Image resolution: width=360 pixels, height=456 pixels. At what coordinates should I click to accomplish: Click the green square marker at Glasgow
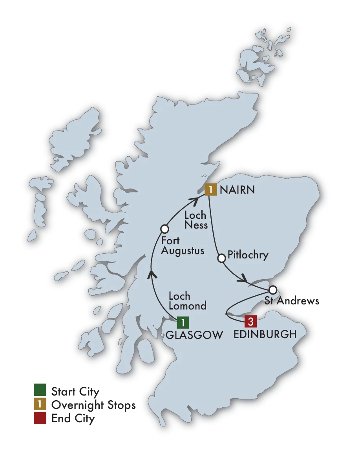click(183, 322)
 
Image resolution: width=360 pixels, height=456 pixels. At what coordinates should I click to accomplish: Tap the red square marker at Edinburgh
click(251, 322)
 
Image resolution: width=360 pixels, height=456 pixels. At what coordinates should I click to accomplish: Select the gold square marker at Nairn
click(211, 190)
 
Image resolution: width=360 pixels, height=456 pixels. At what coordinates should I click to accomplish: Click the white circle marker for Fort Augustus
click(164, 229)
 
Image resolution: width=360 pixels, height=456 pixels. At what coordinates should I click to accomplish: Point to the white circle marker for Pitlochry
click(221, 258)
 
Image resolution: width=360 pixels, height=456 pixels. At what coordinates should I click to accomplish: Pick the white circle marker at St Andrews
click(273, 290)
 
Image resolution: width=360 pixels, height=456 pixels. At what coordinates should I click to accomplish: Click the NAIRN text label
click(237, 190)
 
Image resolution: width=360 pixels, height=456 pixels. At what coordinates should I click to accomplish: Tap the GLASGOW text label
click(194, 335)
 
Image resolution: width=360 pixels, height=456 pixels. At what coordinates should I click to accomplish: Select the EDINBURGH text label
click(265, 335)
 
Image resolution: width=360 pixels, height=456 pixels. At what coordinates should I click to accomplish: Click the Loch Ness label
click(196, 220)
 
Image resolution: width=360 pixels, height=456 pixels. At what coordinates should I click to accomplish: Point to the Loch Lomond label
click(187, 301)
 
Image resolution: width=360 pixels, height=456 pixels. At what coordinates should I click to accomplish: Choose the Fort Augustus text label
click(183, 245)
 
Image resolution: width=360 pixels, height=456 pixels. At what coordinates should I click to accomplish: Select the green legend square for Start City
click(40, 391)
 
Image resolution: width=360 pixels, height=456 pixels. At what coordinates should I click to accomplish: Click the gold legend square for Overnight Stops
click(40, 405)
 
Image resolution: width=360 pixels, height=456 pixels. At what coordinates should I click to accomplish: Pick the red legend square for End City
click(40, 418)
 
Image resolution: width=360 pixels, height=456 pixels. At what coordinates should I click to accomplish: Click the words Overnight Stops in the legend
click(93, 405)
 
